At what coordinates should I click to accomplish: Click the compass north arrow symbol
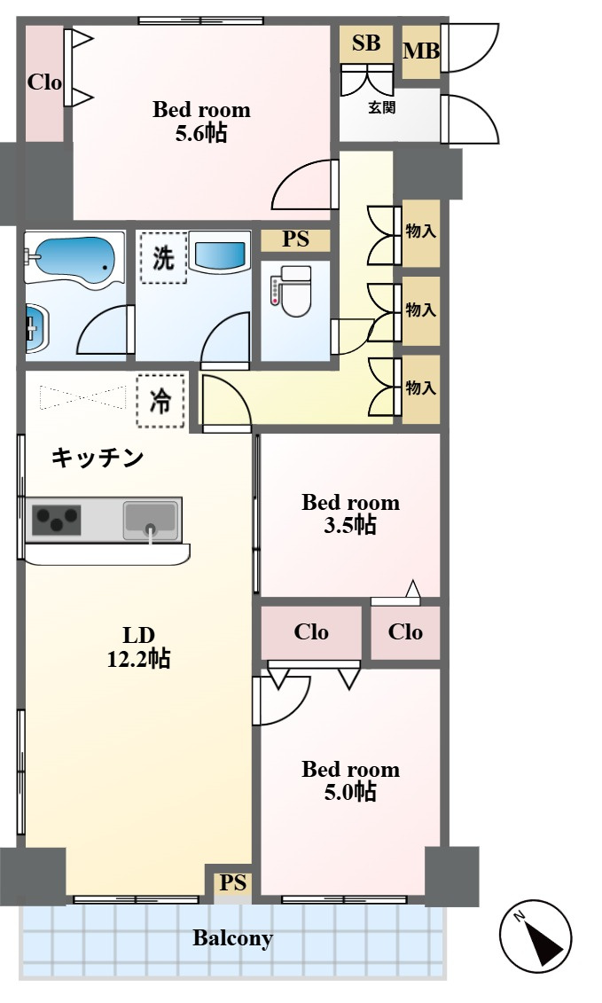coord(536,937)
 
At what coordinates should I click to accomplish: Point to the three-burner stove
coord(57,520)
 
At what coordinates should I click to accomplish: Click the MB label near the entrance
coord(421,51)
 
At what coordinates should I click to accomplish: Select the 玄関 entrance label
coord(382,109)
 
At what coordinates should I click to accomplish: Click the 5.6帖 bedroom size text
coord(201,134)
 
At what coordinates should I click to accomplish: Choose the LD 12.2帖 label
coord(139,648)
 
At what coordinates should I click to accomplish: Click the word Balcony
coord(232,938)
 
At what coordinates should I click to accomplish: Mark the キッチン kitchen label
coord(98,458)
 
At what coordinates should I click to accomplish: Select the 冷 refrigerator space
coord(161,401)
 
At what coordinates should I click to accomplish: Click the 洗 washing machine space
coord(163,258)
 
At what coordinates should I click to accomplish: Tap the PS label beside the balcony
coord(233,883)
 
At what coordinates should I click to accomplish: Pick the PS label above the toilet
coord(295,239)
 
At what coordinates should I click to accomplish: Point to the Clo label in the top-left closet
coord(44,82)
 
